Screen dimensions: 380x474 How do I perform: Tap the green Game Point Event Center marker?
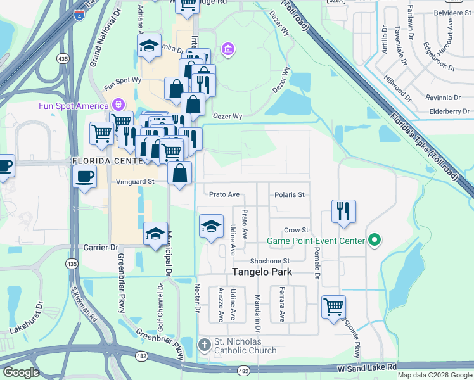374,240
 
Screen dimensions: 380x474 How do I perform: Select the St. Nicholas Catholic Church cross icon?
204,345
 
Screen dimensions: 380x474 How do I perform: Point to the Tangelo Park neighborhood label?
262,272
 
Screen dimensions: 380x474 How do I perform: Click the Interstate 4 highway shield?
79,15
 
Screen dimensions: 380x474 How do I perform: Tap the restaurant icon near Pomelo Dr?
343,212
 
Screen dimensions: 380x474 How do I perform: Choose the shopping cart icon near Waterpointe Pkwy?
333,307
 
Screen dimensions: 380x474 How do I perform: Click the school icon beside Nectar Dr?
212,226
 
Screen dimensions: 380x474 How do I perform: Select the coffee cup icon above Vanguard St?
84,175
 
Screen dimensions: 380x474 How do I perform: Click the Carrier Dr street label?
101,247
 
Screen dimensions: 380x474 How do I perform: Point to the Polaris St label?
291,194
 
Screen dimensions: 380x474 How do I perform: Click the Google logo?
21,372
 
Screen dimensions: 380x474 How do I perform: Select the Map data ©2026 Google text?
434,375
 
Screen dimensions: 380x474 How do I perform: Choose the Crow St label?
295,230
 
